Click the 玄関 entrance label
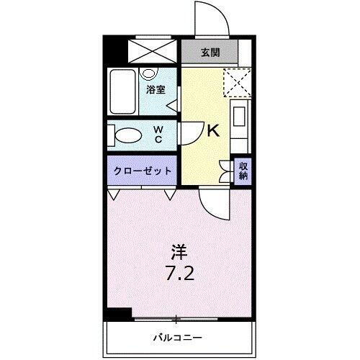pos(210,53)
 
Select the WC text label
pos(160,135)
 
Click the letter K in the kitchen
pos(213,131)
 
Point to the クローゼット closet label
pos(143,171)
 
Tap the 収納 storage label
pos(243,171)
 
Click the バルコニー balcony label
pos(177,337)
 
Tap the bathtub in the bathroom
pos(123,91)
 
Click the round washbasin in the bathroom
pos(150,73)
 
